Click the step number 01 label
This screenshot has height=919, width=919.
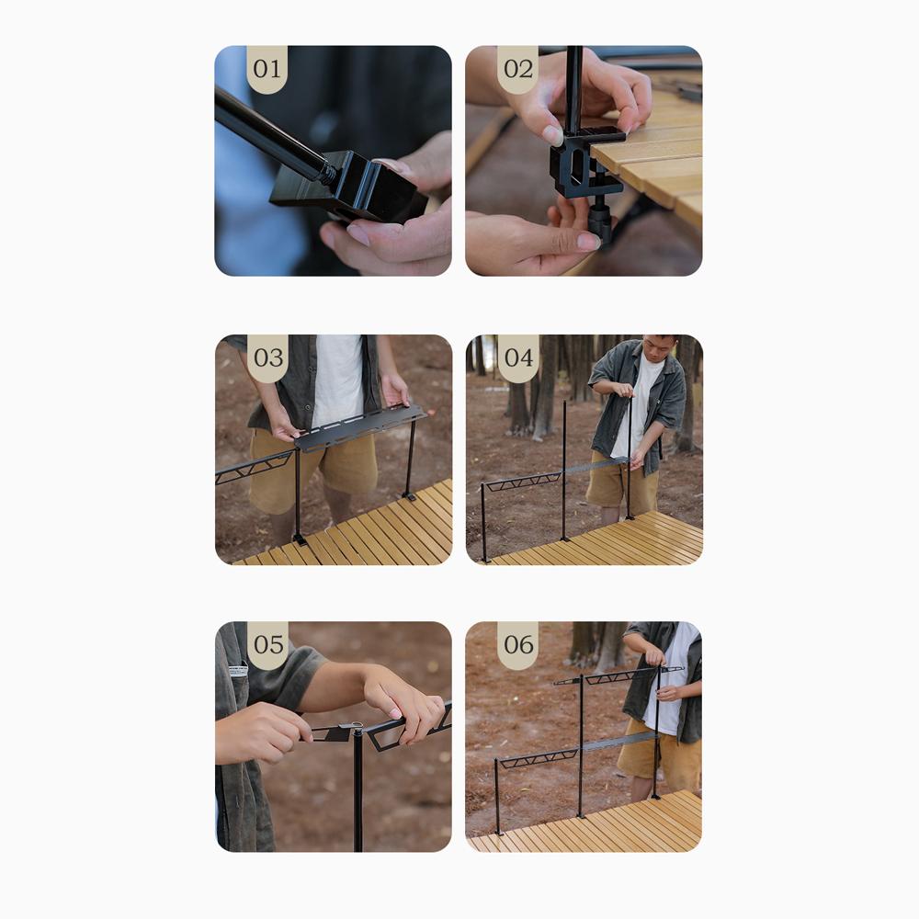pos(267,69)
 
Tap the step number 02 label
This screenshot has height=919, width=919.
pos(518,69)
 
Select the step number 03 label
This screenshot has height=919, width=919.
pos(267,357)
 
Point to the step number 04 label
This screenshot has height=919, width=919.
pos(518,357)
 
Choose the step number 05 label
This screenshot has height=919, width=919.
pos(267,645)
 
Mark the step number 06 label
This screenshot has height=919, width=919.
pos(518,645)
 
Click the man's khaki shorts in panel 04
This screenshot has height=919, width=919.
pos(622,483)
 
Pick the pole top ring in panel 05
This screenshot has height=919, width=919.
pos(357,727)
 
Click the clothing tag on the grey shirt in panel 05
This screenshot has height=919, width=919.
pos(238,671)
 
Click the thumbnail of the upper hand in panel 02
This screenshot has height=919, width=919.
pos(552,135)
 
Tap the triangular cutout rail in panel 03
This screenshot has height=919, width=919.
pos(254,468)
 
